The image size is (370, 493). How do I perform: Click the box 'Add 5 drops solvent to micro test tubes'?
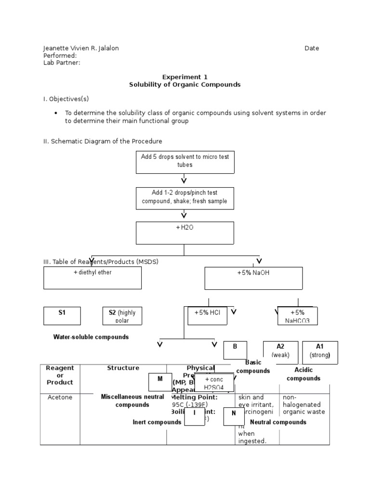coord(185,161)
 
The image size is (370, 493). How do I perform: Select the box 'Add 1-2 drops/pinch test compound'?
coord(185,198)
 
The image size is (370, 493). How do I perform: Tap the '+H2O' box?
coord(185,233)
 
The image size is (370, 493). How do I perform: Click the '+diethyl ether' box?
coord(92,278)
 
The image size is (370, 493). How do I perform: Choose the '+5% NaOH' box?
coord(253,278)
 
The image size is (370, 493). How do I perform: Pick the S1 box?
coord(62,316)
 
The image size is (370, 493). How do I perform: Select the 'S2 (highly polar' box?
coord(122,316)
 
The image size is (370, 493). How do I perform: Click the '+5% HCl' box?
coord(207,316)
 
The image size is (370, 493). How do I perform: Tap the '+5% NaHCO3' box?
coord(297,316)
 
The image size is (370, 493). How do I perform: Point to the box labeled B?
coord(235,350)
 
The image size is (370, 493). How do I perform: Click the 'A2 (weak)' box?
coord(280,352)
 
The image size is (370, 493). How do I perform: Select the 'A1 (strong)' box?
coord(320,352)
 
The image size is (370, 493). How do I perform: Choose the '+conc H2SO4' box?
coord(214,383)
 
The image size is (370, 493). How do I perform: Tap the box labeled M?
coord(160,382)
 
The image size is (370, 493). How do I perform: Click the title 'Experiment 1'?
coord(185,77)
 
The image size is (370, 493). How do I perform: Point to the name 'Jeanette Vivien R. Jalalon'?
coord(81,48)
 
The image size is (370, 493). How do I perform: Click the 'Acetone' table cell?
coord(60,398)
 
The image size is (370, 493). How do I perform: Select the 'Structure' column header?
coord(123,368)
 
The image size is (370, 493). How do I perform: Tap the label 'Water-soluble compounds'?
coord(91,337)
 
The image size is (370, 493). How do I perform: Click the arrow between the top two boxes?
coord(184,180)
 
